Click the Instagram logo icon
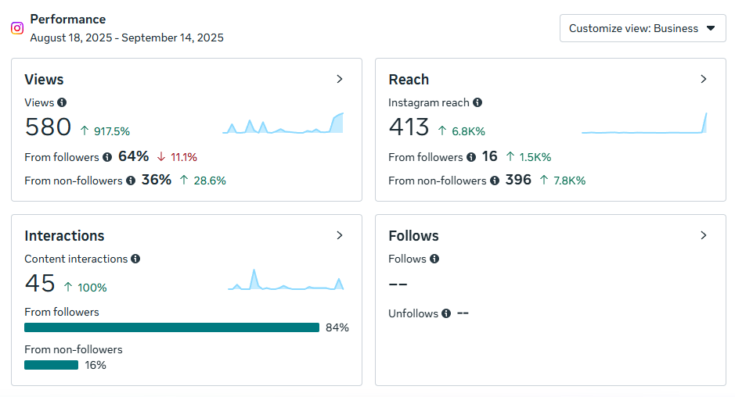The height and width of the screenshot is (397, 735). (17, 28)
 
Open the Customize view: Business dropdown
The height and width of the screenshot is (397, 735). (643, 28)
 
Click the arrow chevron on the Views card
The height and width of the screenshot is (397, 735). (340, 79)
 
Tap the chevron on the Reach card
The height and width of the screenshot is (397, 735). (704, 79)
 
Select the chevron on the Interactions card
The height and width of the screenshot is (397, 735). (340, 235)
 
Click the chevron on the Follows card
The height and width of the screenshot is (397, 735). (704, 235)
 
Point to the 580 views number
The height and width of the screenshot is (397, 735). (48, 127)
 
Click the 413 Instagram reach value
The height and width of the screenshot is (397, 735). (409, 127)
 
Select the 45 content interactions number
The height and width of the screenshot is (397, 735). (40, 283)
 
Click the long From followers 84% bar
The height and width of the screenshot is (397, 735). (171, 327)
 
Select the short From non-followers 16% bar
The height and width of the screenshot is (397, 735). (51, 365)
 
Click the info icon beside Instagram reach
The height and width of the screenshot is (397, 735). (477, 102)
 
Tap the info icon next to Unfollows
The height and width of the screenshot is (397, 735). (445, 313)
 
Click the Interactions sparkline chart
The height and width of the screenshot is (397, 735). (286, 281)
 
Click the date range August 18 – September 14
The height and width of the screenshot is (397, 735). (127, 38)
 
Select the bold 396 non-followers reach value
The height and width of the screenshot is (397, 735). (518, 181)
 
